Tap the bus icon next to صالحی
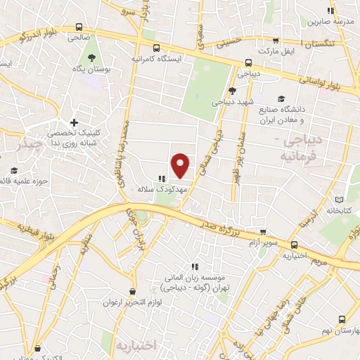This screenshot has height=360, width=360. [77, 27]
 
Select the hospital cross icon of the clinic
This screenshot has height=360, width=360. [74, 122]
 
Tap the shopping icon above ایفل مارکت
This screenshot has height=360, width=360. [275, 41]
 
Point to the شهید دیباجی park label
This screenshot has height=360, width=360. [233, 102]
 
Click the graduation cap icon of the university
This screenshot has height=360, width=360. [282, 98]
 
